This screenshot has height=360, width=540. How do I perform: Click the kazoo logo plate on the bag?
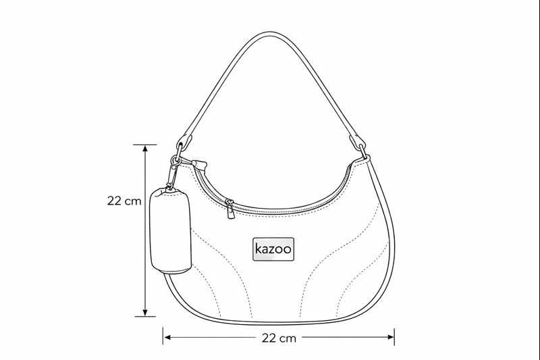pyautogui.click(x=273, y=249)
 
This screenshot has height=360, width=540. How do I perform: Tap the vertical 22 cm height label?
pyautogui.click(x=124, y=201)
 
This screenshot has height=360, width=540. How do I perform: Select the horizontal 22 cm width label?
pyautogui.click(x=279, y=338)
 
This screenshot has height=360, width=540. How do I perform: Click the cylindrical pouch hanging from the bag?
pyautogui.click(x=171, y=231)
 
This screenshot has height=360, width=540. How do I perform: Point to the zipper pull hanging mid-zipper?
pyautogui.click(x=230, y=209)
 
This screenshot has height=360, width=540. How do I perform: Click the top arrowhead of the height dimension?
pyautogui.click(x=145, y=149)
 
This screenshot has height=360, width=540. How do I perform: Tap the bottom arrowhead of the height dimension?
pyautogui.click(x=145, y=312)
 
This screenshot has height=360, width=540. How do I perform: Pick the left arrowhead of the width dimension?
pyautogui.click(x=167, y=337)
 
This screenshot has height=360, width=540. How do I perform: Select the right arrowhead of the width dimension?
pyautogui.click(x=390, y=337)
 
